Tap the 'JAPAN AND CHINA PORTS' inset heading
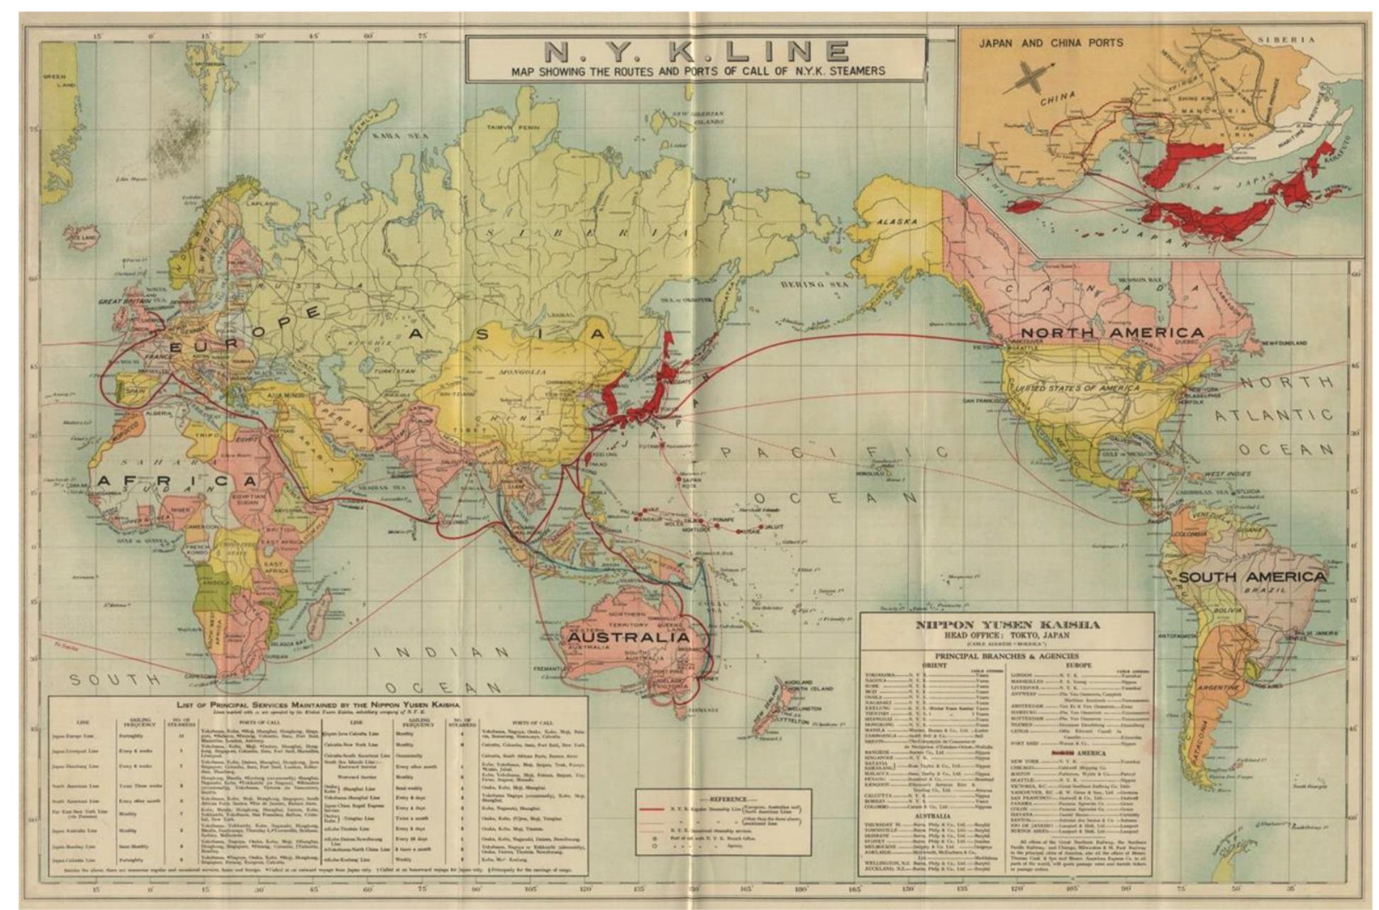(1051, 43)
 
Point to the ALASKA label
(897, 221)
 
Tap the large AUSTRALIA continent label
(628, 637)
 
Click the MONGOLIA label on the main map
(523, 372)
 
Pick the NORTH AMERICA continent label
(1112, 332)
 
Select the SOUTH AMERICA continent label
(1252, 577)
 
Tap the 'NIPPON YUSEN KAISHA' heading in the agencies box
(1007, 625)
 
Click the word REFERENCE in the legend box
(722, 799)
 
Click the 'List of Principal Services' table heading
(318, 705)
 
